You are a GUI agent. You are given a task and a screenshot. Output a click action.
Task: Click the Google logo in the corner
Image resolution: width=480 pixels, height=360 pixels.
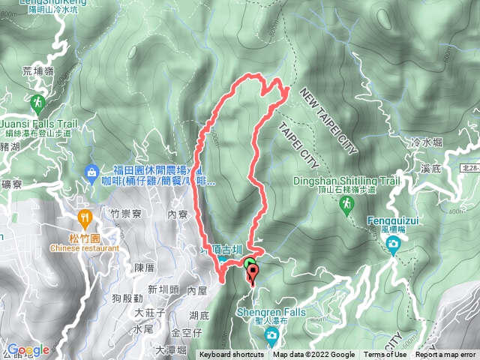(x=28, y=349)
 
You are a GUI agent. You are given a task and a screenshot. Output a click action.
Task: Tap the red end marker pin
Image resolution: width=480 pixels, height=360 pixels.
(x=253, y=272)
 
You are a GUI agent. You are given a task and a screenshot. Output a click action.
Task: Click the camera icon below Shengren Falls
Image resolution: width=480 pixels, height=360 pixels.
(x=270, y=331)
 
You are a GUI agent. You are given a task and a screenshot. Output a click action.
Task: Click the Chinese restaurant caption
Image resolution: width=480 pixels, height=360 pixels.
(x=85, y=248)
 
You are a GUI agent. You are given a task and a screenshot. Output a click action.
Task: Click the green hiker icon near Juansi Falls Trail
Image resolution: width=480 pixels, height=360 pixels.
(x=37, y=100)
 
